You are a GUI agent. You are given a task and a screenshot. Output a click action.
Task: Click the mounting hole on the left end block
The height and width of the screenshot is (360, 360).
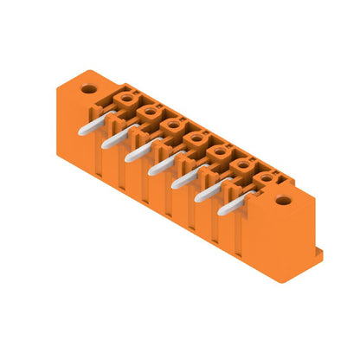tap(88, 87)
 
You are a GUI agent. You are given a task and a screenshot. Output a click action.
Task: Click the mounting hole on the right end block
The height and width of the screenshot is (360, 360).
tap(283, 201)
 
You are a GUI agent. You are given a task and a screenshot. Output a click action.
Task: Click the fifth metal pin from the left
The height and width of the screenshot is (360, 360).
tap(183, 180)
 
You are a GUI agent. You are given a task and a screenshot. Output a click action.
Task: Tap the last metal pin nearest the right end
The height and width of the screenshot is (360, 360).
tap(230, 208)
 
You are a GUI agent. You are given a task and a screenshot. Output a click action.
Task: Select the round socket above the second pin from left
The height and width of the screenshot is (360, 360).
tap(149, 112)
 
